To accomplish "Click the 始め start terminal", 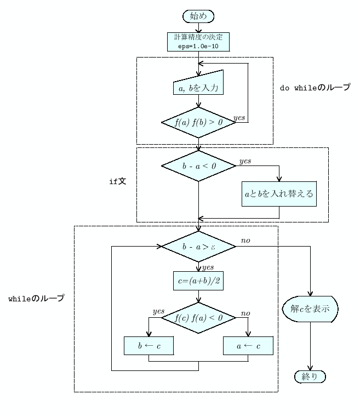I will (x=198, y=16).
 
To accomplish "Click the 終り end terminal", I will (x=310, y=376).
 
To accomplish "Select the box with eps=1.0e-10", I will (x=198, y=42).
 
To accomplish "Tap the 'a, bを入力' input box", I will (x=198, y=87).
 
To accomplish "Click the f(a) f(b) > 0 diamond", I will (x=198, y=122).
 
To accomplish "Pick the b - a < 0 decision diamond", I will (x=198, y=166).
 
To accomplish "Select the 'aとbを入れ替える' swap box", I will (x=279, y=194).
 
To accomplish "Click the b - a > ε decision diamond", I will (x=198, y=247).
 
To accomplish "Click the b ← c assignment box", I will (x=148, y=345).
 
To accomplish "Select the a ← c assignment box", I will (x=248, y=345).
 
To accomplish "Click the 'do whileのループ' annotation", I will (x=315, y=88).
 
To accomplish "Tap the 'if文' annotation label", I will (x=118, y=180).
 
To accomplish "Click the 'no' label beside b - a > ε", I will (x=246, y=240).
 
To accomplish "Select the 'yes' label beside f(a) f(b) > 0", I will (x=239, y=117).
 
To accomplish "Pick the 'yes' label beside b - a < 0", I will (x=246, y=161).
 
